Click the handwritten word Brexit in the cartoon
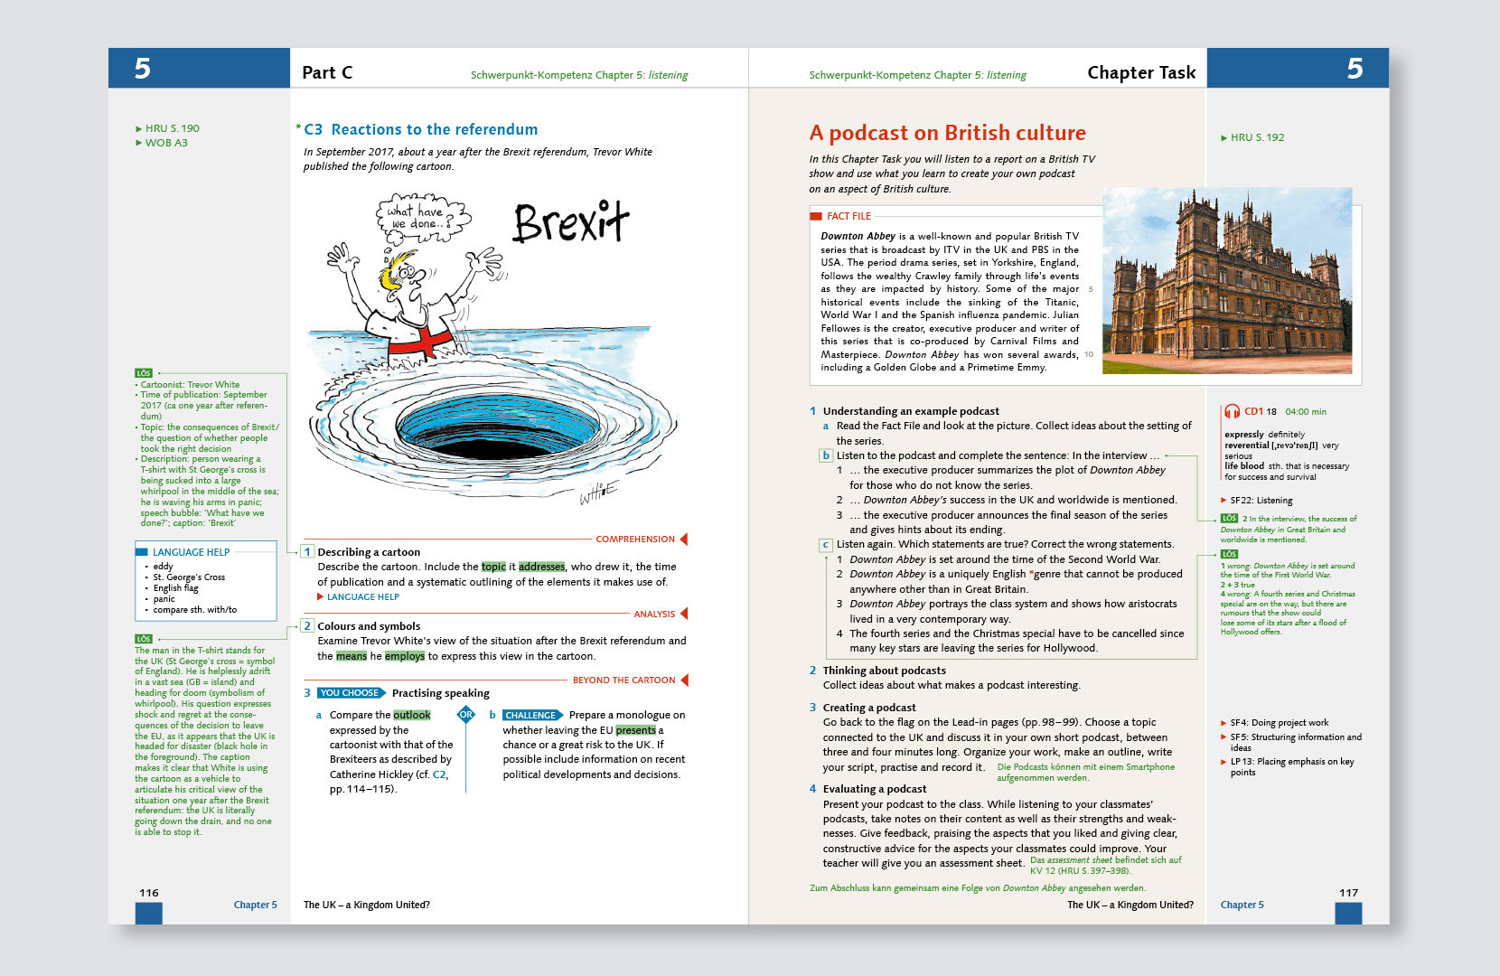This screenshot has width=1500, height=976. tap(570, 222)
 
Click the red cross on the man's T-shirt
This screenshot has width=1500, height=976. tap(421, 343)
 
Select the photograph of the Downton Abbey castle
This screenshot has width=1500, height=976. tap(1228, 281)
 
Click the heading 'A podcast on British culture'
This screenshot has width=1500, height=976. tap(947, 134)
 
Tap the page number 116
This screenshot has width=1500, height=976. tap(149, 893)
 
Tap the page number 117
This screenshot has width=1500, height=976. tap(1348, 893)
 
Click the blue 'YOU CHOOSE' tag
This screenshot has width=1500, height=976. tap(350, 693)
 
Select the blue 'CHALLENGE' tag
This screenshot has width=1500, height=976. tap(531, 715)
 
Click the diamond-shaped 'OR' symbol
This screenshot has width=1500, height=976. tap(466, 715)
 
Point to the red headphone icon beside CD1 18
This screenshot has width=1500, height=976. tap(1232, 412)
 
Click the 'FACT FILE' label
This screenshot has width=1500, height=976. tap(848, 217)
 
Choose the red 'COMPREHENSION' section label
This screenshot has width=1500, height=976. tap(635, 540)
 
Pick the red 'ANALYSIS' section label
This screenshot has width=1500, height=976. tap(654, 615)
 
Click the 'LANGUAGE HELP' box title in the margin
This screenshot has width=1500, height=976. tap(191, 552)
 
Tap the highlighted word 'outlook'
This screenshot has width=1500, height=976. tap(412, 715)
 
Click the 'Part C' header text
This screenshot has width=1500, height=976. tap(327, 73)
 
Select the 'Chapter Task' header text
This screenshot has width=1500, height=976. tap(1141, 73)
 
